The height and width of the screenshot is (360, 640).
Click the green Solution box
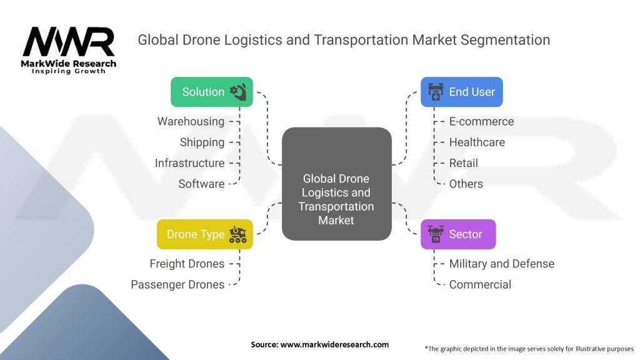coord(212,92)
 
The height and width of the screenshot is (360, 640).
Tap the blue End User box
coord(461,92)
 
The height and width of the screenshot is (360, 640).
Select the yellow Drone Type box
coord(205,234)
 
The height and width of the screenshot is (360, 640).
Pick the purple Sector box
coord(457,234)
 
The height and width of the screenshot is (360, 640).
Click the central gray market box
coord(336,184)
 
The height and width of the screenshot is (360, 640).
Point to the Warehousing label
coord(191,121)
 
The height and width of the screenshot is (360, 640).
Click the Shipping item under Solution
coord(202,142)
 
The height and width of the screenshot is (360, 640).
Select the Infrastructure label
coord(189,162)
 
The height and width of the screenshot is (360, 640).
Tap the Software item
coord(201,184)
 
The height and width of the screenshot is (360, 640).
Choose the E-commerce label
coord(481,121)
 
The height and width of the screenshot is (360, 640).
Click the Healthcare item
coord(477,142)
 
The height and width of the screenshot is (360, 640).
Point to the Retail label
coord(463,162)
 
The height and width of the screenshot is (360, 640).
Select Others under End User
coord(466,184)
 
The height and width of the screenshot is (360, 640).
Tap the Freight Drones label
coord(187,264)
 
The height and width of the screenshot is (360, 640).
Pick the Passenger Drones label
coord(177,284)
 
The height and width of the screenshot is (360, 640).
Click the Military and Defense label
coord(501,264)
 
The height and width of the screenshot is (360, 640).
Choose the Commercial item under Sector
coord(480,284)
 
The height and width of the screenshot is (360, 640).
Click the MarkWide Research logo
coord(69,49)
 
